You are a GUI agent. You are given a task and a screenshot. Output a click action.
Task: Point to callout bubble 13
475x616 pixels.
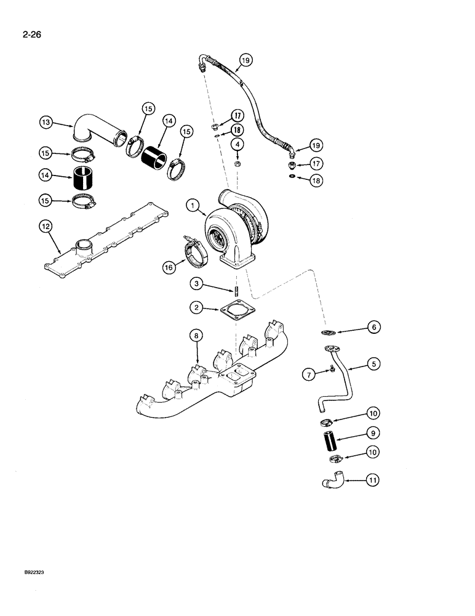point(45,123)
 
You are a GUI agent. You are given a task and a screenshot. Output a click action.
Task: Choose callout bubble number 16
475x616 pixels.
point(167,267)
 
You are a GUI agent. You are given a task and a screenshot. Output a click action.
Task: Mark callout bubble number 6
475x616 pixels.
point(373,328)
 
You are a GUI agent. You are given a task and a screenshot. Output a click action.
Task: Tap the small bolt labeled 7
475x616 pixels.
point(330,369)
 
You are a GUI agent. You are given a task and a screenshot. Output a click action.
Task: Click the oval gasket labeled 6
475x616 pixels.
point(332,333)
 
